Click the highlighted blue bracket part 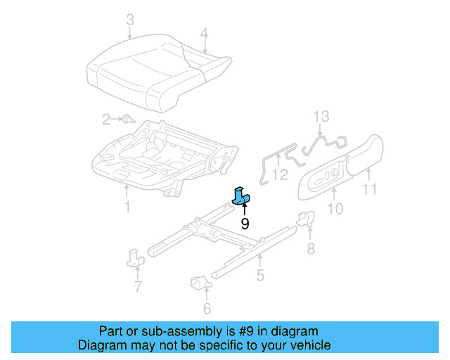tap(243, 196)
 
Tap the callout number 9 tap(245, 224)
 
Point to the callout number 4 tap(204, 33)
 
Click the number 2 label tap(106, 120)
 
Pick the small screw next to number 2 tap(128, 120)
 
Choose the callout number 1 tap(127, 207)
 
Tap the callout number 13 tap(321, 116)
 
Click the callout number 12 tap(280, 174)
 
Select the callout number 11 tap(370, 189)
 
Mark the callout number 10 tap(335, 208)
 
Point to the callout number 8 tap(310, 247)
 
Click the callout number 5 tap(260, 276)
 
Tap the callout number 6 tap(207, 308)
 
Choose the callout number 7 tap(138, 286)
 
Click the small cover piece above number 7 tap(135, 257)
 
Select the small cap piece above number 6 tap(200, 283)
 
